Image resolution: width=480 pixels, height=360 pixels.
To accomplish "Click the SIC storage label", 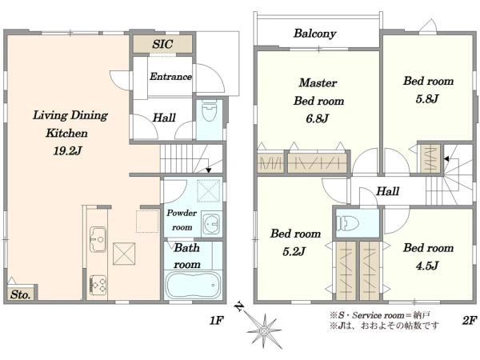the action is pyautogui.click(x=162, y=44).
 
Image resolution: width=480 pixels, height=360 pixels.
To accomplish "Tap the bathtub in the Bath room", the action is pyautogui.click(x=192, y=286).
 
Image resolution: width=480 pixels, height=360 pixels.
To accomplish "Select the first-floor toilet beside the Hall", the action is pyautogui.click(x=210, y=111).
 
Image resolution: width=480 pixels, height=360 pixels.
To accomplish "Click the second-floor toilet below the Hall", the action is pyautogui.click(x=347, y=223).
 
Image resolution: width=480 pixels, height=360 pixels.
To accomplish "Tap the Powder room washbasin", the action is pyautogui.click(x=210, y=224).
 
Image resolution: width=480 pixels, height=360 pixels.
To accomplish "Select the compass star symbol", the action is pyautogui.click(x=263, y=330).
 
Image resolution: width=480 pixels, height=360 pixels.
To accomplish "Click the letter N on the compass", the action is pyautogui.click(x=240, y=306).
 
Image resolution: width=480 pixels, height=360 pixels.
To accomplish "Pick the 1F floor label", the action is pyautogui.click(x=217, y=321).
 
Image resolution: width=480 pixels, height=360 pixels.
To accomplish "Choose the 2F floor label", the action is pyautogui.click(x=469, y=321).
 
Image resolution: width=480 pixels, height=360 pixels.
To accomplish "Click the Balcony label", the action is pyautogui.click(x=315, y=34).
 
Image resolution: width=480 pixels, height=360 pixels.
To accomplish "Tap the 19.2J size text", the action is pyautogui.click(x=68, y=150).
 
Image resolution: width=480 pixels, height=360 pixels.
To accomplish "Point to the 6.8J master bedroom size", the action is pyautogui.click(x=317, y=118).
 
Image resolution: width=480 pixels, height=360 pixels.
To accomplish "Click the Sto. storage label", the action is pyautogui.click(x=21, y=294).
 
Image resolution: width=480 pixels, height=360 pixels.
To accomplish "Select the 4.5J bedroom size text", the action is pyautogui.click(x=428, y=265).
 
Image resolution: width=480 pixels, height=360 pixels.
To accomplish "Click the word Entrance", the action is pyautogui.click(x=170, y=76).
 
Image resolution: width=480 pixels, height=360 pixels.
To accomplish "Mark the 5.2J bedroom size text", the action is pyautogui.click(x=294, y=251).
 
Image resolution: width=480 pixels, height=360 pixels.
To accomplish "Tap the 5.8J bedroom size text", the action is pyautogui.click(x=428, y=98).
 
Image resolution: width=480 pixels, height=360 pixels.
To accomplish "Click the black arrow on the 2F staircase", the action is pyautogui.click(x=446, y=159).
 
